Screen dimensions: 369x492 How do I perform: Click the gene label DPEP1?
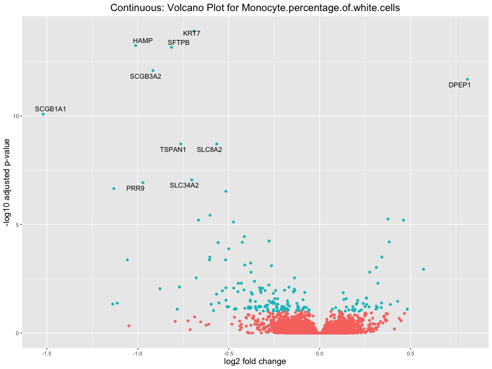[459, 85]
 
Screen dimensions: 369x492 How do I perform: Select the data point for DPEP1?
[467, 79]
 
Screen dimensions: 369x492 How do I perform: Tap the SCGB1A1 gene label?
[50, 109]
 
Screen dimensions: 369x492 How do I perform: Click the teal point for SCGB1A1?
[43, 114]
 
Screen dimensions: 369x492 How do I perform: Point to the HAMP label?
[143, 41]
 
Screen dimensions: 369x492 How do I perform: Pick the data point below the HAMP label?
[136, 46]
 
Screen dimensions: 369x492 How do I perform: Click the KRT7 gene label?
[192, 33]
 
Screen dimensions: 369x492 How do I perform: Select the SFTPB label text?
[179, 42]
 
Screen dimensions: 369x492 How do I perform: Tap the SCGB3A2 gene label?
[146, 76]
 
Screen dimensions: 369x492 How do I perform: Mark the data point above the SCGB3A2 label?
[153, 71]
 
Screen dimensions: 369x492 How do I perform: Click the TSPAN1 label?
[173, 149]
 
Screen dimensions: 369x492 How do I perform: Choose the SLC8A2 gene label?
[210, 149]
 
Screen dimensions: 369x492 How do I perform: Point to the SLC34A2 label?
[184, 185]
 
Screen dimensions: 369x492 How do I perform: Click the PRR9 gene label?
[135, 188]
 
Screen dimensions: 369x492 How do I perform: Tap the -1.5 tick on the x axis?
[46, 353]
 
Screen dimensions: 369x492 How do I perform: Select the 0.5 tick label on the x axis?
[410, 353]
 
